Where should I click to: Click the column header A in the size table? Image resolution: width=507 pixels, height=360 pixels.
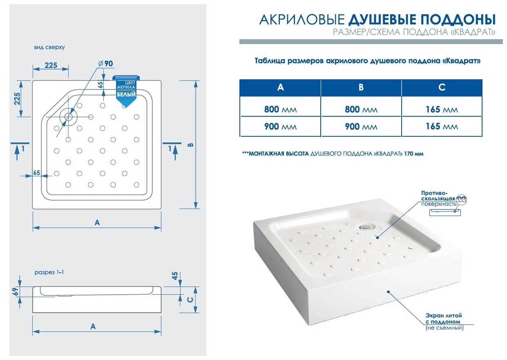pyautogui.click(x=280, y=88)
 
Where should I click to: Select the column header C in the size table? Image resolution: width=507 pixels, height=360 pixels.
pyautogui.click(x=442, y=88)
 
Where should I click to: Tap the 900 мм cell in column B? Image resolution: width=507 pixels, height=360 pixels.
pyautogui.click(x=361, y=127)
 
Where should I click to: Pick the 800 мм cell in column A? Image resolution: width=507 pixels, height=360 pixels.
pyautogui.click(x=280, y=109)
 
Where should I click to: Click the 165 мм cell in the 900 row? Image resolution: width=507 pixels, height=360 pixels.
pyautogui.click(x=442, y=127)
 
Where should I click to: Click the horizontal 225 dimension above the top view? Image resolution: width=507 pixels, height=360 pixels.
pyautogui.click(x=51, y=65)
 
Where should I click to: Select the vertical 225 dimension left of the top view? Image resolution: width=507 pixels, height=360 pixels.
pyautogui.click(x=18, y=99)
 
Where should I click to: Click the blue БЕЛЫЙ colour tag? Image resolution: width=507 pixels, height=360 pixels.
pyautogui.click(x=127, y=92)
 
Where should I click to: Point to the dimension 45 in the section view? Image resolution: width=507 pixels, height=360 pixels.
pyautogui.click(x=176, y=276)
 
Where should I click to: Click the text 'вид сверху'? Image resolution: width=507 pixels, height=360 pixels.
pyautogui.click(x=49, y=47)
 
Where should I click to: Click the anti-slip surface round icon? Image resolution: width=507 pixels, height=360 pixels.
pyautogui.click(x=461, y=200)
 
